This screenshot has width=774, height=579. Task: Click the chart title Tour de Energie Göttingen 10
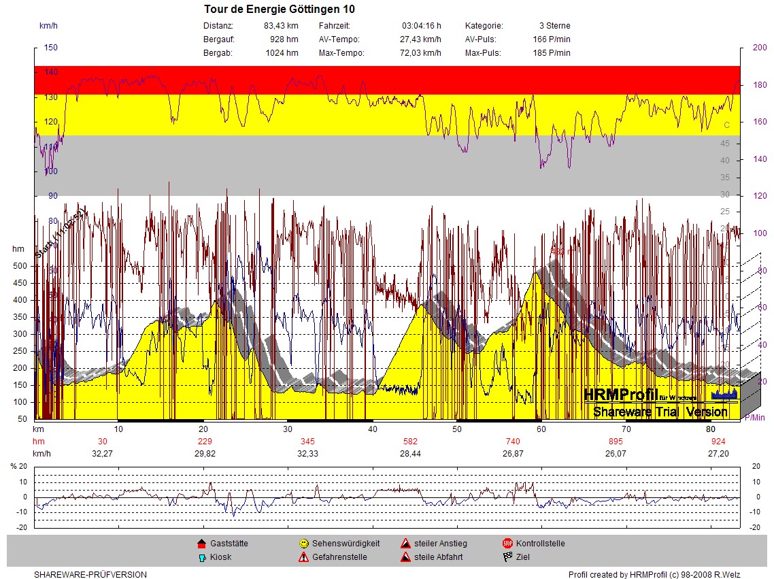click(279, 10)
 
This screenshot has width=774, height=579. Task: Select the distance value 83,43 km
click(281, 26)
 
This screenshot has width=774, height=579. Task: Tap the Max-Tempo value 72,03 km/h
click(420, 53)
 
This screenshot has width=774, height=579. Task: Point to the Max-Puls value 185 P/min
click(552, 53)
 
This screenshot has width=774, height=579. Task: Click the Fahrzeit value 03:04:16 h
click(421, 26)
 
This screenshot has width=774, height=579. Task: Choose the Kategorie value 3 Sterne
click(554, 26)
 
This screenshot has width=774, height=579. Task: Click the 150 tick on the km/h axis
click(51, 48)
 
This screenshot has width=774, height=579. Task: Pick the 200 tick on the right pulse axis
click(759, 48)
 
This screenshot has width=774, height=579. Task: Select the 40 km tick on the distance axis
click(373, 429)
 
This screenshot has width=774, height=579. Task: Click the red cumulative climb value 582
click(410, 442)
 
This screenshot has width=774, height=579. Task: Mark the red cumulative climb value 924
click(718, 442)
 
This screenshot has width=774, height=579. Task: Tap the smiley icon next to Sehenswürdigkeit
click(303, 544)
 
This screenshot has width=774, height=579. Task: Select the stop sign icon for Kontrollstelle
click(507, 544)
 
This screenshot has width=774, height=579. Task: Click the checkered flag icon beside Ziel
click(507, 557)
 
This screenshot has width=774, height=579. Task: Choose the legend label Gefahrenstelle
click(339, 557)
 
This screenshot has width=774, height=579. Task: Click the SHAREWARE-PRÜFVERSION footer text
click(90, 575)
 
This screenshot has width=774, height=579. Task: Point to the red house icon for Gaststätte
click(201, 544)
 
